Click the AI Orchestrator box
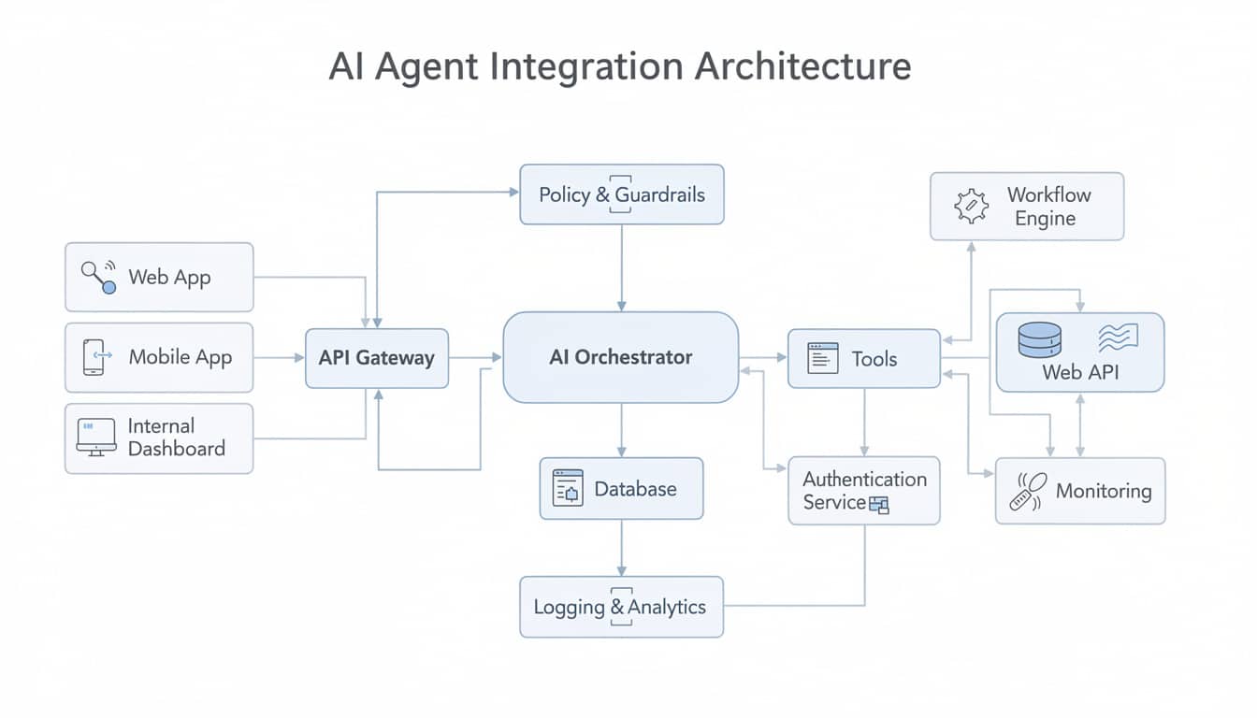[x=620, y=357]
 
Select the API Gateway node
[x=376, y=358]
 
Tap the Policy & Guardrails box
[x=621, y=194]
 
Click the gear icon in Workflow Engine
[x=970, y=206]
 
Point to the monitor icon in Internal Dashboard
[x=95, y=437]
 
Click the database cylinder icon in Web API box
[x=1039, y=340]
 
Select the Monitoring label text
[x=1103, y=491]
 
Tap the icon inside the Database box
[x=568, y=488]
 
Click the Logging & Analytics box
[x=621, y=607]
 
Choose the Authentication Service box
[x=863, y=491]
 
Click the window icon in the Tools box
[x=822, y=359]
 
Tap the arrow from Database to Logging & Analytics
[x=621, y=548]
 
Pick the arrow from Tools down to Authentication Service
[x=863, y=422]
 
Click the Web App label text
[x=169, y=278]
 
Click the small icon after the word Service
[x=878, y=506]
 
